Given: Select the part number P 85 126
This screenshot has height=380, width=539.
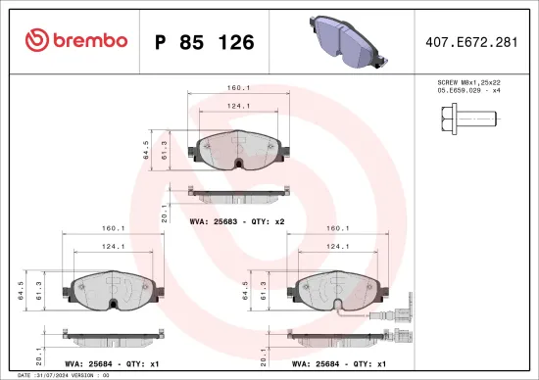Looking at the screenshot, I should pyautogui.click(x=204, y=42).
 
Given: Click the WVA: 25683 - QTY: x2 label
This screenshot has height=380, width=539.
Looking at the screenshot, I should pyautogui.click(x=236, y=222).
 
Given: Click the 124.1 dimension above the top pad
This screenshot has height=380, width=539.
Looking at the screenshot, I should pyautogui.click(x=235, y=107).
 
